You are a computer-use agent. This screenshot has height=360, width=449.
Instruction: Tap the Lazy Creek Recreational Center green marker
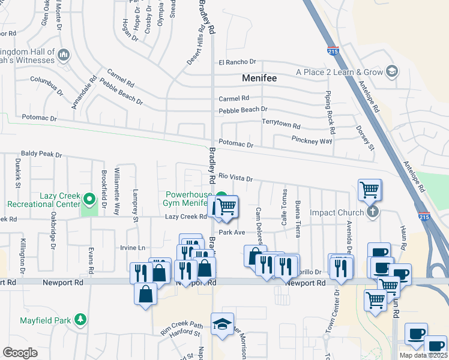point(89,199)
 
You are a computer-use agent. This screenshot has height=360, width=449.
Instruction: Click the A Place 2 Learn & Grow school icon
point(391,72)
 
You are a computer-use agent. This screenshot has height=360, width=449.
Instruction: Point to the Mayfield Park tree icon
point(79,322)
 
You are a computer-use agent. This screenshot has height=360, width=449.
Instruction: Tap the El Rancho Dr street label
point(237,62)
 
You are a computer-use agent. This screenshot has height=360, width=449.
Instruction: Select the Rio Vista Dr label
point(235,178)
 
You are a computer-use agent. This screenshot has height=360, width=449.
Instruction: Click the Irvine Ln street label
point(133,248)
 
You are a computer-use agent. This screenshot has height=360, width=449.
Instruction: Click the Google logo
point(20,353)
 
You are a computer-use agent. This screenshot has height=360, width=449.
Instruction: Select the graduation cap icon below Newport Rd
point(222,324)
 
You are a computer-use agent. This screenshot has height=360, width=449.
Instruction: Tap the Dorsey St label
point(364,137)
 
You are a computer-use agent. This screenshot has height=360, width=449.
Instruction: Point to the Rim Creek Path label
point(181,327)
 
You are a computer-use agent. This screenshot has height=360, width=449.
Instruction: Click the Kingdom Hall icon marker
point(64,56)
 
